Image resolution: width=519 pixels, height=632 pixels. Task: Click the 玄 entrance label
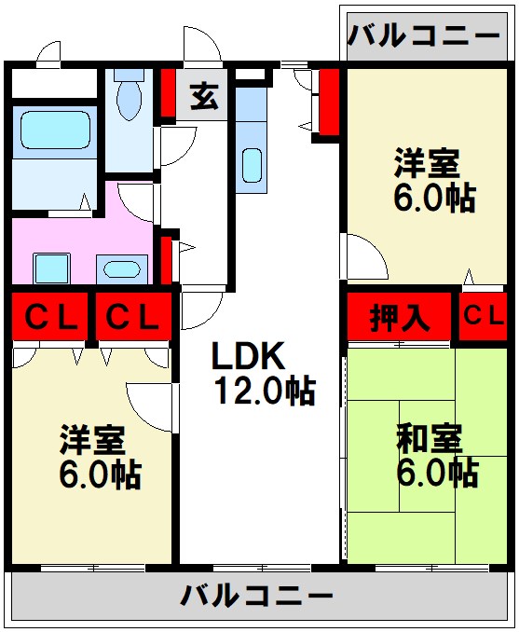coord(205,97)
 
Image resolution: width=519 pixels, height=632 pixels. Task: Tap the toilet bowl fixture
coord(129,95)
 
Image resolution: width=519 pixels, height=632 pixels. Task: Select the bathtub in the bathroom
coord(55,130)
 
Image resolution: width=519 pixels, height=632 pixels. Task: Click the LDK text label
coord(248,355)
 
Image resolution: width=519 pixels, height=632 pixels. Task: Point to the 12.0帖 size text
coord(265,391)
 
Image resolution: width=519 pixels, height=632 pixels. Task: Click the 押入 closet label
coord(399,318)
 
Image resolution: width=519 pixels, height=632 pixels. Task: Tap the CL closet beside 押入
coord(483,316)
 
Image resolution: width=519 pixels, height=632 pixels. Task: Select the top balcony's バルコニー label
coord(424,36)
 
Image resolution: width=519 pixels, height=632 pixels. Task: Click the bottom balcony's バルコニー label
coord(256,596)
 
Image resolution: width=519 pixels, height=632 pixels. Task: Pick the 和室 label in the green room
coord(430,439)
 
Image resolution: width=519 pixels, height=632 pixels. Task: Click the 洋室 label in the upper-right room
coord(427,163)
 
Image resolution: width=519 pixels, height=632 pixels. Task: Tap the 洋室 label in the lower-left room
coord(92,440)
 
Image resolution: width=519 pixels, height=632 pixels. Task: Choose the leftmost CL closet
coord(49,316)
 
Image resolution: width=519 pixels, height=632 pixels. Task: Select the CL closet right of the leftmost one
coord(133,316)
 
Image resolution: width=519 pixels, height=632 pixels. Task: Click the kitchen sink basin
coord(252,166)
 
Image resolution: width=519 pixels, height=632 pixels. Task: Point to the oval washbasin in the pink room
coord(122,269)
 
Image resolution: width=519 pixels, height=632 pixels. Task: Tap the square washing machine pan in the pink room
coord(51,268)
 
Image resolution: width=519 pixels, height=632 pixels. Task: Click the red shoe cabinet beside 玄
coord(169,93)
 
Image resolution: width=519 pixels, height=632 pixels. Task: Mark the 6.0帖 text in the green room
coord(438,474)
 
